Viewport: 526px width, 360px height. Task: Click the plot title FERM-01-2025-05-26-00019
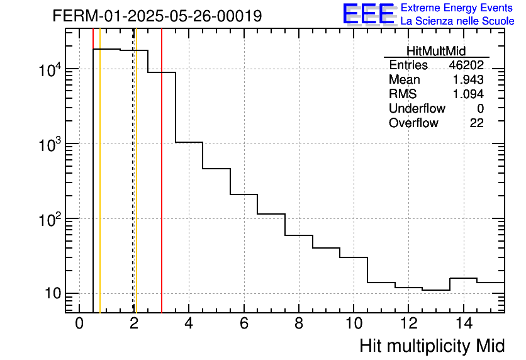[157, 16]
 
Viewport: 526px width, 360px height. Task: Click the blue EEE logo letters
[368, 14]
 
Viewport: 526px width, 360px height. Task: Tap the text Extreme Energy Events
[457, 8]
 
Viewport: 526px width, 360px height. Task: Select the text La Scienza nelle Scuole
[457, 21]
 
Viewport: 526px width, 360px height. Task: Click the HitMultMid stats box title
[436, 52]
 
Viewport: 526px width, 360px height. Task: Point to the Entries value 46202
[466, 65]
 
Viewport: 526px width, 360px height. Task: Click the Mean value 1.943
[468, 80]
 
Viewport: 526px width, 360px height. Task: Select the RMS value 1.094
[468, 94]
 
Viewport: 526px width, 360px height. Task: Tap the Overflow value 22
[477, 123]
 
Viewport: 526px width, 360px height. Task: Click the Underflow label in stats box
[417, 109]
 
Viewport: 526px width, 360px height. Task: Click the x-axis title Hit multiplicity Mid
[432, 346]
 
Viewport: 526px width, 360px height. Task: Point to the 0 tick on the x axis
[79, 323]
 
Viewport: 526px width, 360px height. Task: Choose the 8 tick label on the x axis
[298, 323]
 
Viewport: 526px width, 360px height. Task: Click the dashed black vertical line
[133, 189]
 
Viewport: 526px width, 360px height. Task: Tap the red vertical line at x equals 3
[162, 189]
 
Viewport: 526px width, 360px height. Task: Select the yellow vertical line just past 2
[136, 189]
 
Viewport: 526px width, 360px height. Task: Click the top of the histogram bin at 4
[189, 142]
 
